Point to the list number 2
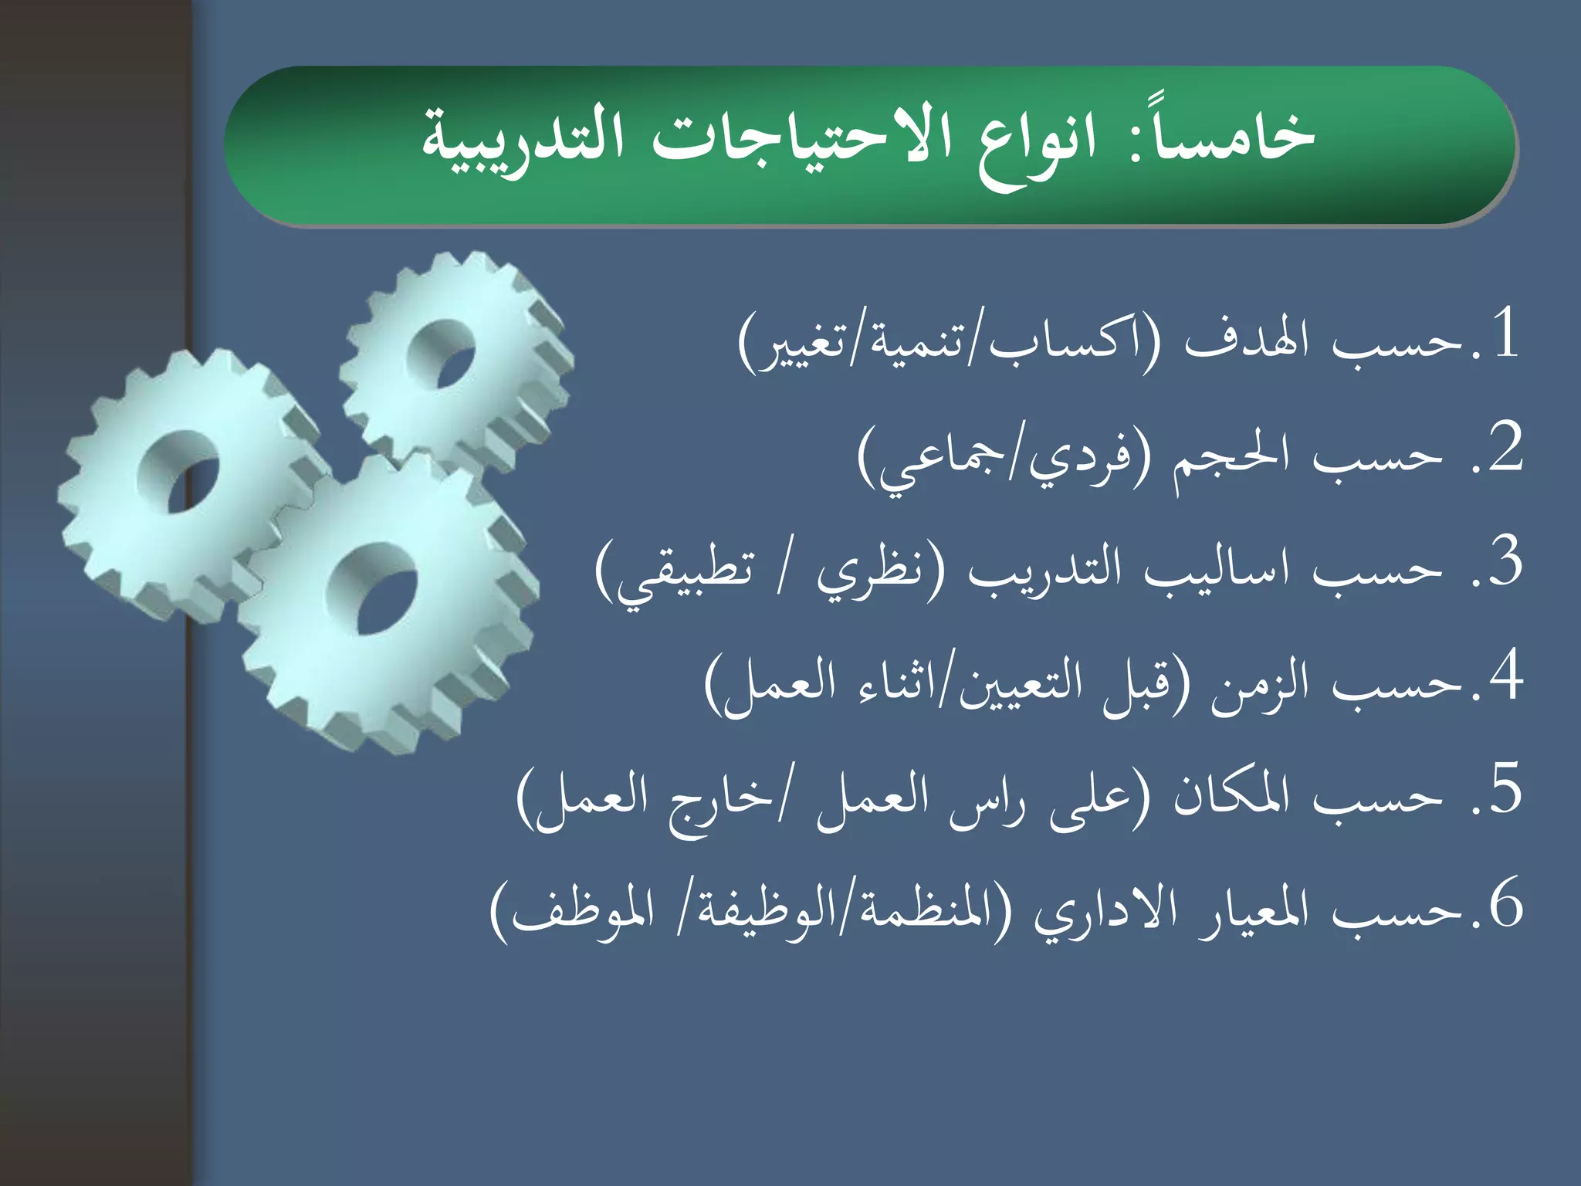[x=1505, y=448]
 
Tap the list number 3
[x=1505, y=562]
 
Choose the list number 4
[x=1505, y=676]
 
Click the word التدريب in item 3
[x=1034, y=571]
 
